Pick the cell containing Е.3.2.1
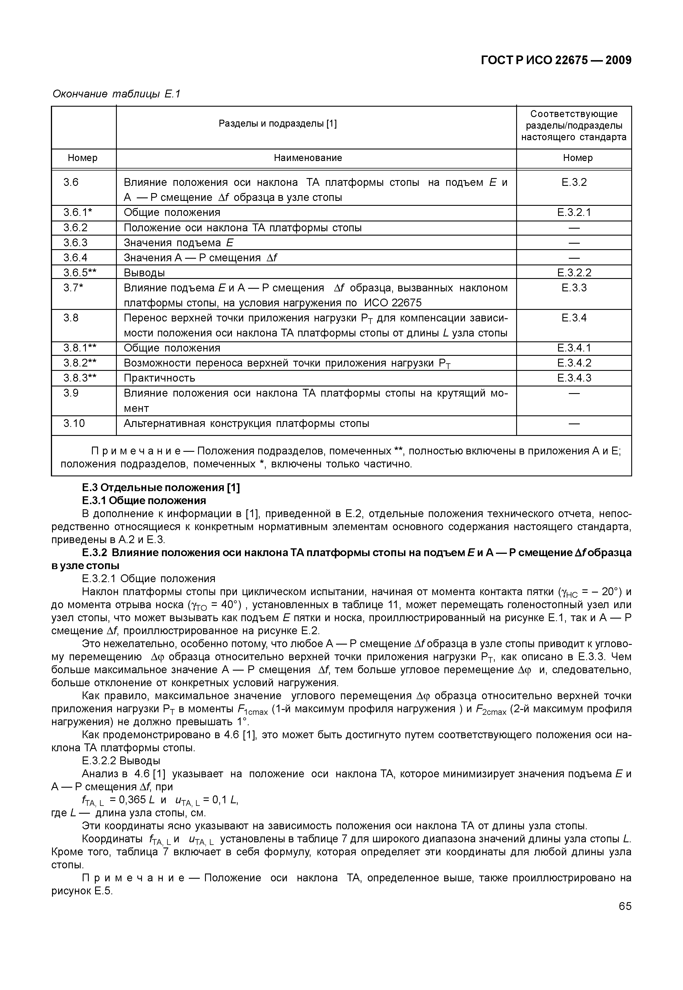(x=574, y=213)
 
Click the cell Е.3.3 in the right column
(x=574, y=288)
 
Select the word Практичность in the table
(x=159, y=378)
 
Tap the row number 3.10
(x=75, y=423)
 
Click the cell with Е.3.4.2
(x=574, y=363)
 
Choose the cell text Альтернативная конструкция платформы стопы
(x=246, y=423)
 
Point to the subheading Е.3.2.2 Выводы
(x=121, y=761)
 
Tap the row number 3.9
(x=71, y=393)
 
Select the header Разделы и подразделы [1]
(x=278, y=124)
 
